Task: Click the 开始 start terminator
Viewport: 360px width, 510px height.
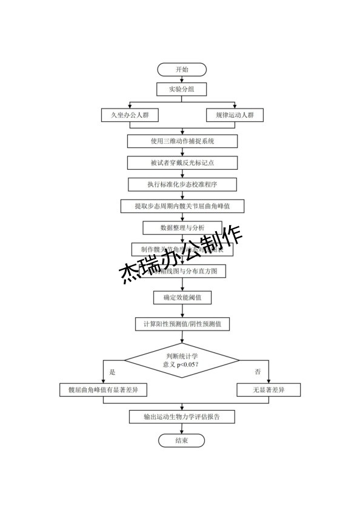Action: point(182,69)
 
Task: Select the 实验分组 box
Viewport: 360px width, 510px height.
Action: point(182,90)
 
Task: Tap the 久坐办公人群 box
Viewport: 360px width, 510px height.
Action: point(129,115)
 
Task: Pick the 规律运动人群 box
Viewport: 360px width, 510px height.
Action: point(235,115)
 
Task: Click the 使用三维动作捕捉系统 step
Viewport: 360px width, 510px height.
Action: point(182,141)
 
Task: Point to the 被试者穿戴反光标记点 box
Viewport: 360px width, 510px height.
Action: point(182,163)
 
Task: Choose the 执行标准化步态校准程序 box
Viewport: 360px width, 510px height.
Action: point(182,184)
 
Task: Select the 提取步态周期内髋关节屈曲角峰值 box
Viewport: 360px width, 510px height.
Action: point(182,206)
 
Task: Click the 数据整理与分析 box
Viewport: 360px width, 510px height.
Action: point(182,228)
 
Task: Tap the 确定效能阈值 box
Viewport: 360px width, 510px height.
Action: point(182,298)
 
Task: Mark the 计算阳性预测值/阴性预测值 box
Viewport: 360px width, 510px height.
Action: point(182,324)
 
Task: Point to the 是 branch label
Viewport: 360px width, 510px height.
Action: point(112,371)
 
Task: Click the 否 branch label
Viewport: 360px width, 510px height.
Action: point(258,371)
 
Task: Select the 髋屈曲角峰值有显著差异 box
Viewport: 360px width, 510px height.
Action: point(104,389)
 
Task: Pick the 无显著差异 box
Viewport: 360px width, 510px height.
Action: point(268,389)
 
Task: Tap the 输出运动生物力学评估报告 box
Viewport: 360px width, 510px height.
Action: point(182,417)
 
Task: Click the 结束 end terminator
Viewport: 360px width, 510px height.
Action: point(182,440)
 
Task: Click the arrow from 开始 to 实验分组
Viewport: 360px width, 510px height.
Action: point(182,79)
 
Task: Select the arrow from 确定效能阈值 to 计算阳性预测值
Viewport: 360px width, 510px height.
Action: point(182,310)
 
